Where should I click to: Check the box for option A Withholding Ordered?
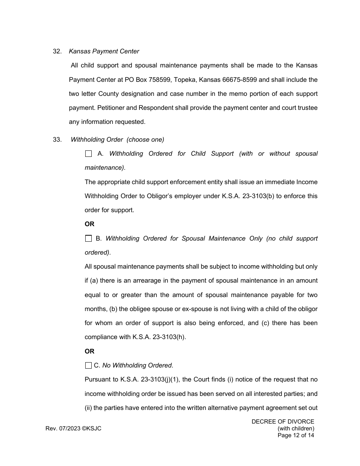88,154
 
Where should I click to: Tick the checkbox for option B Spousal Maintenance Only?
88,239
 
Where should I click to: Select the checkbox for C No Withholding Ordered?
88,366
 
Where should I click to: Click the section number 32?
57,52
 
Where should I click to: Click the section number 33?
57,140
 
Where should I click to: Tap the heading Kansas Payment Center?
104,52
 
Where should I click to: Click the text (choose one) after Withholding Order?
145,140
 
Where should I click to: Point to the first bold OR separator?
89,224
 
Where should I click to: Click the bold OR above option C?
89,352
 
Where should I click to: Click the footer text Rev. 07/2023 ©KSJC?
74,428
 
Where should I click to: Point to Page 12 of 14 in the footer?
296,435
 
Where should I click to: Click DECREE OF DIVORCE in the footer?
283,422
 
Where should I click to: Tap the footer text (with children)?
296,428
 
